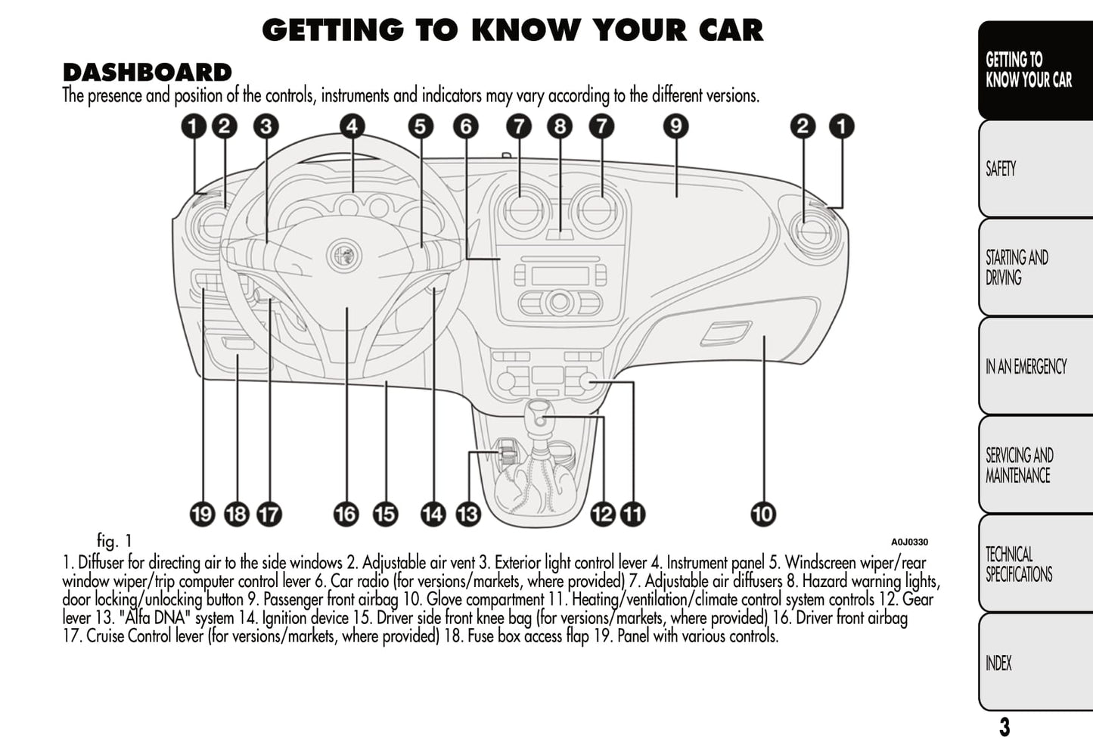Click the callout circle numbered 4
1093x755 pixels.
tap(352, 126)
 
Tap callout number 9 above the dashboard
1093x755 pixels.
tap(675, 126)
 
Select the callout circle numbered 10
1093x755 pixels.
tap(763, 514)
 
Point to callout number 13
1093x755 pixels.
tap(468, 514)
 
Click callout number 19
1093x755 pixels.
tap(202, 514)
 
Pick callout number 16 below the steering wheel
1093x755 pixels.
tap(346, 514)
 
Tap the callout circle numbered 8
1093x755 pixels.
tap(560, 126)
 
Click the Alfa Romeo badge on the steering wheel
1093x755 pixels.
tap(345, 255)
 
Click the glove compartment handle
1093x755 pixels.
tap(725, 332)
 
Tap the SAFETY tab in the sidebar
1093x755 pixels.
tap(1033, 169)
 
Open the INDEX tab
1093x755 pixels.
tap(1033, 663)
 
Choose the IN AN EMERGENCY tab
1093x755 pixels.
tap(1033, 367)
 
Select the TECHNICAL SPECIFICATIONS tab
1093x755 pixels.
tap(1033, 564)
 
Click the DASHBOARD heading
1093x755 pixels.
tap(147, 73)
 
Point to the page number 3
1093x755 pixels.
tap(1004, 728)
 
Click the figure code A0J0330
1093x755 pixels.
tap(909, 542)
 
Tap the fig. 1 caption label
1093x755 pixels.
tap(114, 541)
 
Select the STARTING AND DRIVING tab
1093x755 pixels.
tap(1033, 268)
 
